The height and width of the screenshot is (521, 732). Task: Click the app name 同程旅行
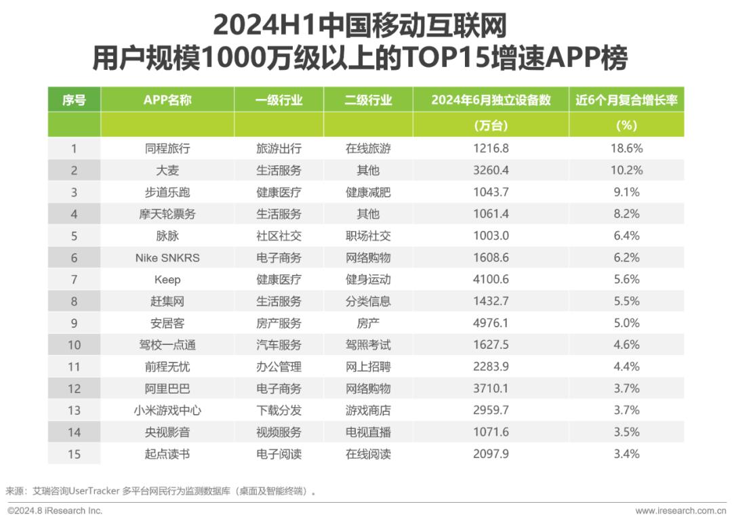tap(167, 148)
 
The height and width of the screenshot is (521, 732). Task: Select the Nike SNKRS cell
tap(167, 257)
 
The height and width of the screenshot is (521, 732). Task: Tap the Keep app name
tap(167, 280)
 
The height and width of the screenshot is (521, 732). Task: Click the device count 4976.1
tap(491, 323)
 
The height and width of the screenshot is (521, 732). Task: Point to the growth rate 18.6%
tap(626, 148)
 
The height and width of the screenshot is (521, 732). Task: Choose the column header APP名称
tap(167, 100)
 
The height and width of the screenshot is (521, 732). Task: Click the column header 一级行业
tap(279, 100)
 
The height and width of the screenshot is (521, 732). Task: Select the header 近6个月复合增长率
tap(626, 100)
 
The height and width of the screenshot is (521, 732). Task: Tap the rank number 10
tap(75, 345)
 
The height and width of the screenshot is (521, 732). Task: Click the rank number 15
tap(75, 454)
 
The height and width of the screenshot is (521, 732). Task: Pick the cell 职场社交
tap(368, 236)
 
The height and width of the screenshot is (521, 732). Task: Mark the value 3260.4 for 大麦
tap(491, 171)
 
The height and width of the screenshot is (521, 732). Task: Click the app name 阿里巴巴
tap(167, 388)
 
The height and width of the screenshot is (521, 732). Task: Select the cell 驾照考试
tap(368, 345)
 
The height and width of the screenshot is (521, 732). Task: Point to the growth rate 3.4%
tap(626, 454)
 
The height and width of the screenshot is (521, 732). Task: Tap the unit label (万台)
tap(491, 125)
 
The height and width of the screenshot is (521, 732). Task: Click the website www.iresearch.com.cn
tap(680, 511)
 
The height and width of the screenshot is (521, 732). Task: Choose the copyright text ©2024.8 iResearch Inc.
tap(55, 511)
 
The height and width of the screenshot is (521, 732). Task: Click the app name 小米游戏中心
tap(167, 411)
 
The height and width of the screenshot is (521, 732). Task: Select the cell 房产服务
tap(279, 323)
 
